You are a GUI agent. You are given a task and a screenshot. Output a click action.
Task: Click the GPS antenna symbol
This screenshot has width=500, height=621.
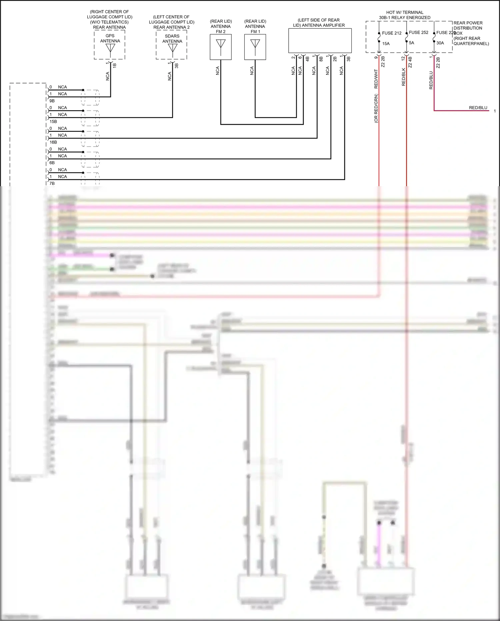click(x=110, y=49)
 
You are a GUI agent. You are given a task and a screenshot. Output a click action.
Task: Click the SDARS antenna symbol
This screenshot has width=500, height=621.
click(x=172, y=49)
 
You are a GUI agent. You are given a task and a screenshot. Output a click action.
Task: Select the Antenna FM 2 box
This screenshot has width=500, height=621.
click(x=221, y=47)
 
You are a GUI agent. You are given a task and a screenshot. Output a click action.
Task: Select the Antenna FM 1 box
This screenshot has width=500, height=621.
click(x=255, y=47)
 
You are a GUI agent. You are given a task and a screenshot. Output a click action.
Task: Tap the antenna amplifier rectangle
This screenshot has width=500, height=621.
click(x=320, y=40)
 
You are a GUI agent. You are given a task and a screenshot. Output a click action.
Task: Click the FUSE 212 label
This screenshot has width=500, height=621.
click(x=392, y=33)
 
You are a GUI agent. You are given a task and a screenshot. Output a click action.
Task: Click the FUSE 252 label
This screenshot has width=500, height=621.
click(x=418, y=32)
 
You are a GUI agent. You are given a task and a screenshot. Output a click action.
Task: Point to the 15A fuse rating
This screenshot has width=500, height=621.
click(x=386, y=44)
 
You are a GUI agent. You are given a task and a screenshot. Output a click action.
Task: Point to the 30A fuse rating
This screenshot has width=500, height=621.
click(x=440, y=43)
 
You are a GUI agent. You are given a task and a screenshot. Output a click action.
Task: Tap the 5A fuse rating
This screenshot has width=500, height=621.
click(x=411, y=43)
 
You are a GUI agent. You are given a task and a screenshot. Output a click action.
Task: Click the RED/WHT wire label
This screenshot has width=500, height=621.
click(x=376, y=79)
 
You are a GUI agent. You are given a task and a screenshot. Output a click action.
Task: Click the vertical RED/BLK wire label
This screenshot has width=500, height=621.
click(x=403, y=77)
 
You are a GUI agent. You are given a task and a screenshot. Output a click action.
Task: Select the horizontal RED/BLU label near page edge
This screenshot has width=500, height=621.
click(x=478, y=108)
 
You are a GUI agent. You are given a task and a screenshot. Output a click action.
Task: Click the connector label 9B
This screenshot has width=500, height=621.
click(x=52, y=101)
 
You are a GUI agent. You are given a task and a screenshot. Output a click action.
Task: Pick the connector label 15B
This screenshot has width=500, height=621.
click(x=53, y=121)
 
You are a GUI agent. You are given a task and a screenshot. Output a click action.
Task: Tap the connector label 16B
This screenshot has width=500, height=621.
click(x=53, y=142)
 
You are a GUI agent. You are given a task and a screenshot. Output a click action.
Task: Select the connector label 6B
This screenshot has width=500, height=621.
click(x=52, y=163)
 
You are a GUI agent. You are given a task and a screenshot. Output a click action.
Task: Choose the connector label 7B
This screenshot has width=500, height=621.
click(x=52, y=184)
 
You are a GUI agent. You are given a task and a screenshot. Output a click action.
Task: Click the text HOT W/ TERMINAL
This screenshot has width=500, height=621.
click(x=405, y=12)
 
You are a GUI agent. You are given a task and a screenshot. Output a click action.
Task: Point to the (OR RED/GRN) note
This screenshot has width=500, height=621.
click(x=376, y=108)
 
